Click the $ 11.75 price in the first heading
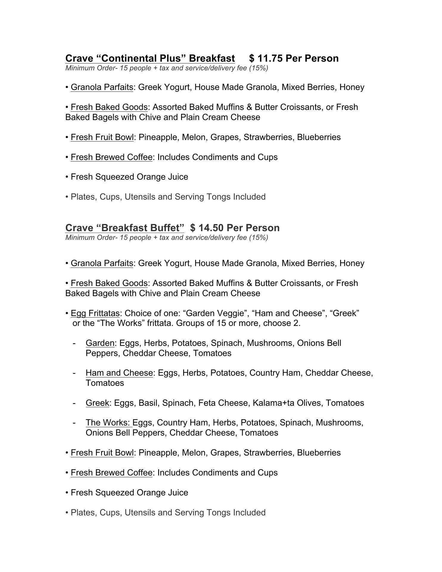coord(265,58)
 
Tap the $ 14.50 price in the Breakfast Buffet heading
coord(206,228)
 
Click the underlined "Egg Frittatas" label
coord(95,313)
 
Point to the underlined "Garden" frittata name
coord(100,343)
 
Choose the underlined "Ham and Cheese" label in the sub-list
coord(119,373)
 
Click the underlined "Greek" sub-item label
coord(97,403)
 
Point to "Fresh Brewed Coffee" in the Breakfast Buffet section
coord(111,473)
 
